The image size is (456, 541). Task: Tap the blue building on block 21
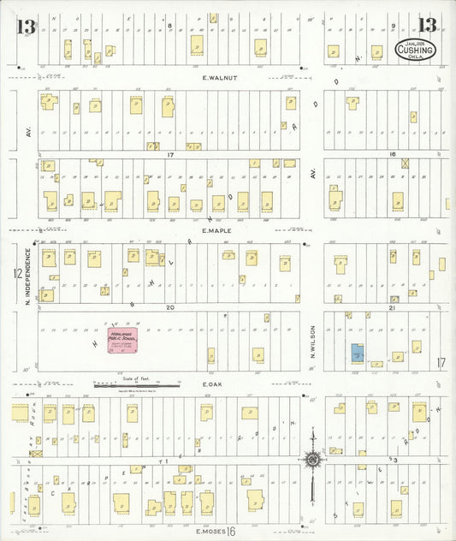click(355, 352)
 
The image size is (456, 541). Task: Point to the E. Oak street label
click(213, 385)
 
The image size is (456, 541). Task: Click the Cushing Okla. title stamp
click(415, 51)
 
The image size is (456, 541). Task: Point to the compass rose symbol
click(313, 461)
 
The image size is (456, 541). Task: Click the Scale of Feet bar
click(137, 385)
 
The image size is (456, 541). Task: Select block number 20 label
click(170, 306)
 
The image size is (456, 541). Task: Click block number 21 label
click(392, 306)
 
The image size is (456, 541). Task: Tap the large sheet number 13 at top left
click(25, 27)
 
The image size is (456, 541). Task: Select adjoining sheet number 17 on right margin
click(441, 362)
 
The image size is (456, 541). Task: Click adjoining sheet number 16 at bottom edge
click(231, 532)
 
